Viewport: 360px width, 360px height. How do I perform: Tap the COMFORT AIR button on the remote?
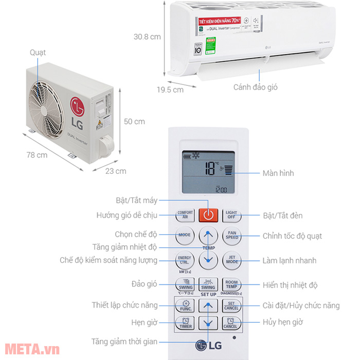(x=185, y=215)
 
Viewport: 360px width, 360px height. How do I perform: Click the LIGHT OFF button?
(x=231, y=215)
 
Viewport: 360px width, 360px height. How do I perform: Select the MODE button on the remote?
(x=185, y=235)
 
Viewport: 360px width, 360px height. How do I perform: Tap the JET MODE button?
(x=231, y=260)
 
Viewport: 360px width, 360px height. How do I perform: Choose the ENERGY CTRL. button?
(x=185, y=260)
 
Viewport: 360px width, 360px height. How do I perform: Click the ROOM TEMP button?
(x=231, y=284)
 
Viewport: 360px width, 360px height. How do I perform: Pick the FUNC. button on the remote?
(x=185, y=307)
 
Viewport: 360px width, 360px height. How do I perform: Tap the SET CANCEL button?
(x=231, y=307)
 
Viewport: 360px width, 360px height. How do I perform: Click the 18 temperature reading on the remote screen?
(x=210, y=169)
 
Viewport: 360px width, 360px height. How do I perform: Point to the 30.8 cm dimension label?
(x=147, y=37)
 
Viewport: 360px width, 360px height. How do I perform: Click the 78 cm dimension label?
(x=38, y=155)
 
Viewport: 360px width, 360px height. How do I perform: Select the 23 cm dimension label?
(x=116, y=171)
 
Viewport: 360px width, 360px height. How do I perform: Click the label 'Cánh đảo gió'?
(x=255, y=87)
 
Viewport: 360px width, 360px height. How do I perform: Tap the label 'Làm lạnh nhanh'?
(x=290, y=261)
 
